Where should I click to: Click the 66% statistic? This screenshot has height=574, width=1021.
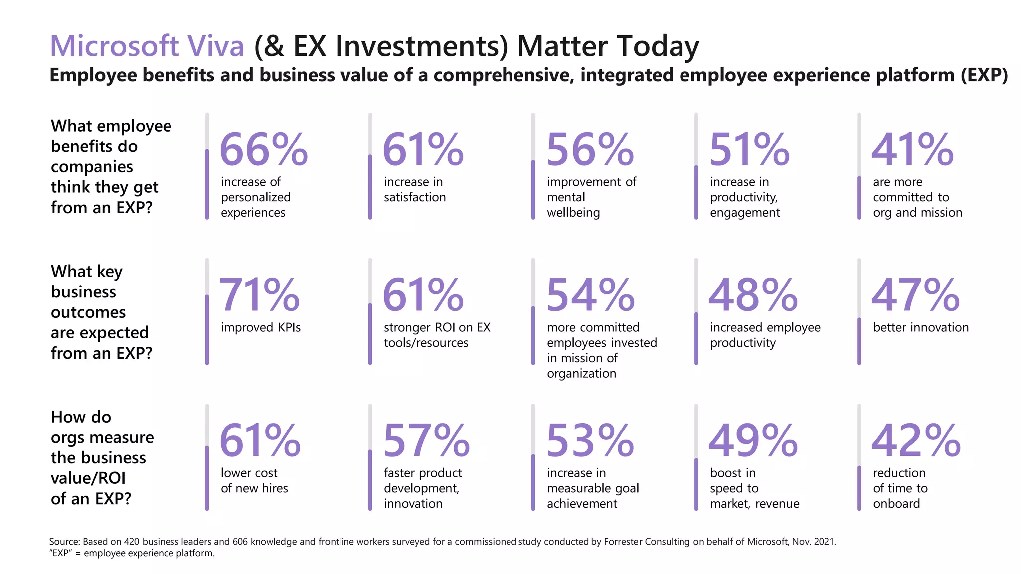tap(263, 149)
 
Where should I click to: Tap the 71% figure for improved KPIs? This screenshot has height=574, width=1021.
tap(259, 295)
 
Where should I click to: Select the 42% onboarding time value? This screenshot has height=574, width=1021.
tap(915, 440)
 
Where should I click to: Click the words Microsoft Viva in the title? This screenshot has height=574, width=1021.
tap(147, 46)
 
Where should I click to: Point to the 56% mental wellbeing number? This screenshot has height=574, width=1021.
tap(590, 149)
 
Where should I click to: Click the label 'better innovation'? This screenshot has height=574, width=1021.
tap(920, 327)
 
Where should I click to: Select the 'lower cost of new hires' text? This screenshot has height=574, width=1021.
tap(254, 480)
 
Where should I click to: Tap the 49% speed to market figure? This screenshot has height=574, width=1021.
tap(752, 440)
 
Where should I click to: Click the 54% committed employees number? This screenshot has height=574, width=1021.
tap(590, 295)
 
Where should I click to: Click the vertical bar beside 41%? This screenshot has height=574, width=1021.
tap(859, 197)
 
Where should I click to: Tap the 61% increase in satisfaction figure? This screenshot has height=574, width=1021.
tap(423, 149)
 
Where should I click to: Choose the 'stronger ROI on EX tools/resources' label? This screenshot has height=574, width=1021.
tap(436, 335)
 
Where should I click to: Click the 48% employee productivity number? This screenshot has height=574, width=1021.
tap(752, 295)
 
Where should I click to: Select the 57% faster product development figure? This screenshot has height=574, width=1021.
tap(426, 440)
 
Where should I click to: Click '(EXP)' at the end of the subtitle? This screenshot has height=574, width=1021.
tap(981, 75)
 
